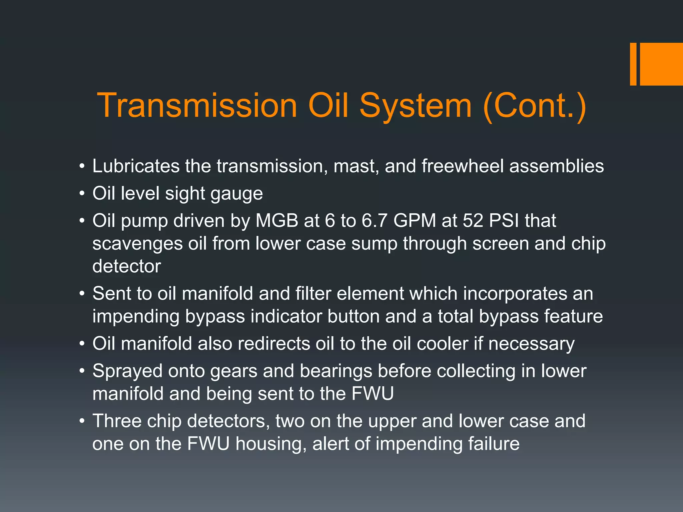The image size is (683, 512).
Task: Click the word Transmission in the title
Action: pyautogui.click(x=197, y=106)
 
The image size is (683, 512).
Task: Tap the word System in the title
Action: pyautogui.click(x=416, y=106)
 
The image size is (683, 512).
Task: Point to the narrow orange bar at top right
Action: pyautogui.click(x=633, y=64)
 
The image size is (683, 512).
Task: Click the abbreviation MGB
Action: pyautogui.click(x=277, y=221)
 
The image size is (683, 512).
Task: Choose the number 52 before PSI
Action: pyautogui.click(x=473, y=221)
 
